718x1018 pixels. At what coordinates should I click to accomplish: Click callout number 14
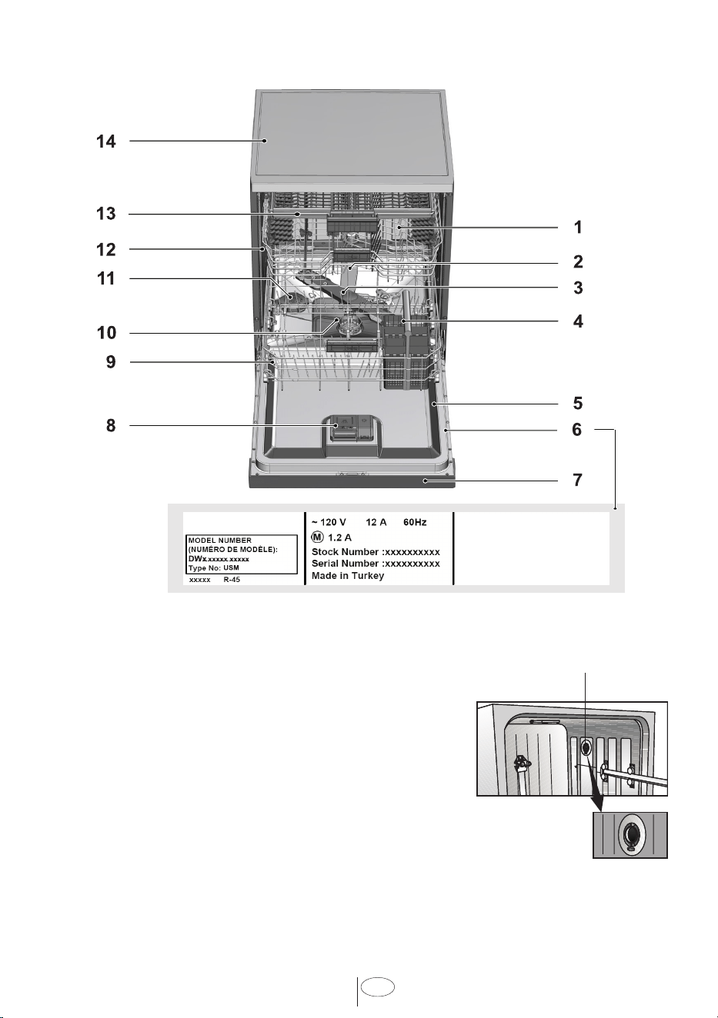106,141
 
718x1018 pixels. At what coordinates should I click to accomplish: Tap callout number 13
106,214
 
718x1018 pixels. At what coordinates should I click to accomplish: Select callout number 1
578,228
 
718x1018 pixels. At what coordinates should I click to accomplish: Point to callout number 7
577,480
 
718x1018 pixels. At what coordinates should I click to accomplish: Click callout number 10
106,333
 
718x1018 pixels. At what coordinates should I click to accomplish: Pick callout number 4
578,321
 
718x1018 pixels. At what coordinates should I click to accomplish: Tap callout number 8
111,426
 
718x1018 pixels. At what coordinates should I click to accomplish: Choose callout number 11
106,278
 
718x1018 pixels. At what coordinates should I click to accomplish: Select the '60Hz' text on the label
415,523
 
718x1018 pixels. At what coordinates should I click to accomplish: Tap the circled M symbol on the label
317,537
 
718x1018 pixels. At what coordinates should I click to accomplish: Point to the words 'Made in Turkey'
348,576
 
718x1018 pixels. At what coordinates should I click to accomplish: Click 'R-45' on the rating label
232,580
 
